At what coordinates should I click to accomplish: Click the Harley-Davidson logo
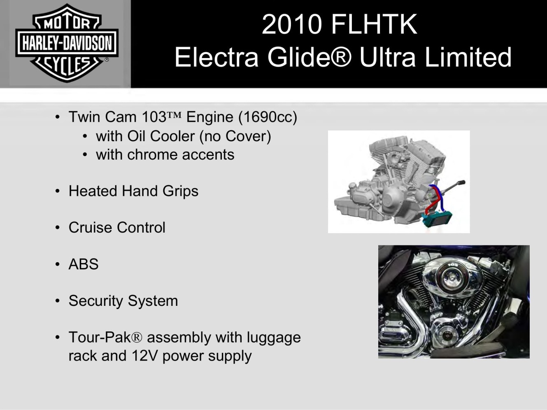67,43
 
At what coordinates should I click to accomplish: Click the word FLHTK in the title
374,24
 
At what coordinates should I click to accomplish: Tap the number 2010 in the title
291,24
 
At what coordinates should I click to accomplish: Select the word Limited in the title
468,57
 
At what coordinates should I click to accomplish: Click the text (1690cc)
268,117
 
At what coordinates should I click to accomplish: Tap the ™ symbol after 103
174,115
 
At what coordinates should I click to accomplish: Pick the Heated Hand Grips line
134,191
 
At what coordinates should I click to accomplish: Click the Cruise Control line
117,228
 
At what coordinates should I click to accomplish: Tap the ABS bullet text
84,264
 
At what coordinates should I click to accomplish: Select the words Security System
123,301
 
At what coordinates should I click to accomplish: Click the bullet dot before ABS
58,264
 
